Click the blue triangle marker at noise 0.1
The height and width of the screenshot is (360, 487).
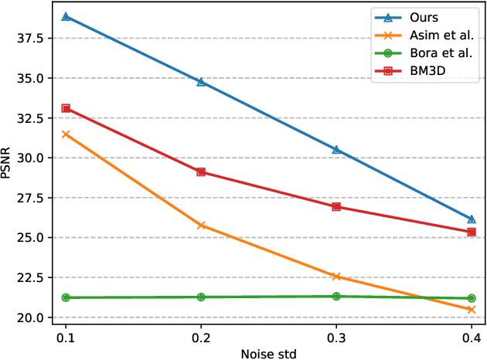66,16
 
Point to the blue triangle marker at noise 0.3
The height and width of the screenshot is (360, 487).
336,149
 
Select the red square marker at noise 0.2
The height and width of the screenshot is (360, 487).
201,172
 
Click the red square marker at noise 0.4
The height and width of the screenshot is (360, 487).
472,231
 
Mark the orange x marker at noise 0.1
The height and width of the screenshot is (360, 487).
66,134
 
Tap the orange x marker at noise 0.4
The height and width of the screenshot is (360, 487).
472,309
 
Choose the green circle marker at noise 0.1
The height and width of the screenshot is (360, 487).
66,297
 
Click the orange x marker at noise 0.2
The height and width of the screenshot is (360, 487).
201,226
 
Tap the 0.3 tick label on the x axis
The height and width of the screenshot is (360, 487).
336,337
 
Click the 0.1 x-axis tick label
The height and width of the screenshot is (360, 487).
66,337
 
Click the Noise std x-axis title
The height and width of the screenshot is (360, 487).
268,352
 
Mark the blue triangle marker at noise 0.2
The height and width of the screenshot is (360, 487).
201,81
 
